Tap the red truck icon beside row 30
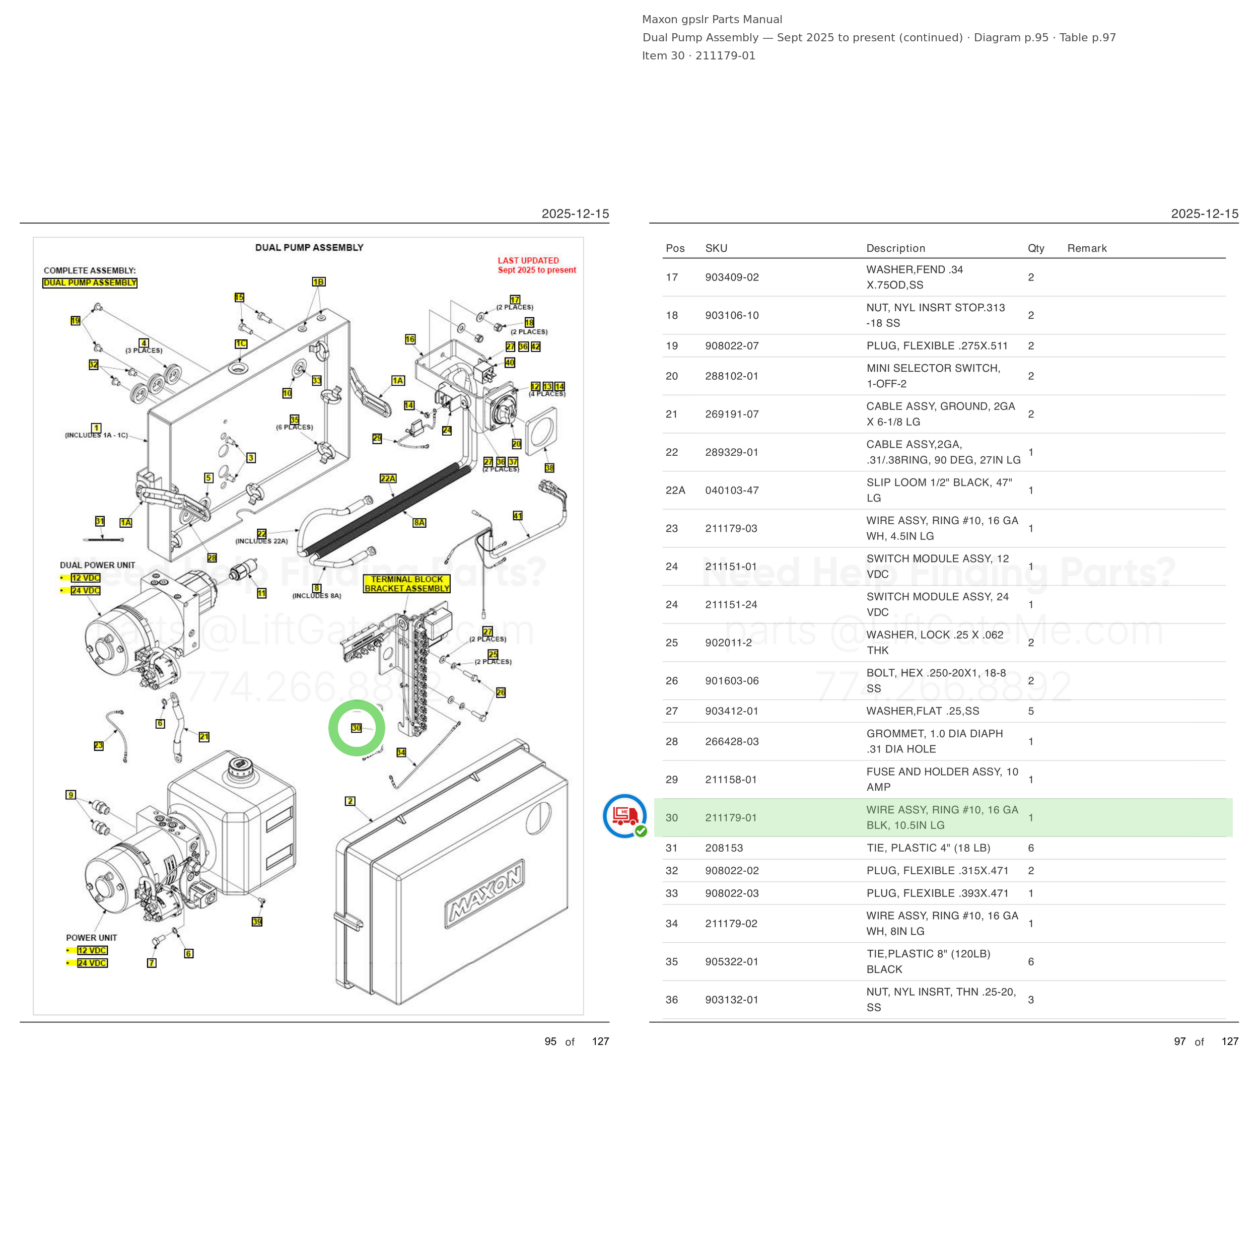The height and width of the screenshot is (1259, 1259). coord(625,815)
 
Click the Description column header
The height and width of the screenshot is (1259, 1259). coord(895,248)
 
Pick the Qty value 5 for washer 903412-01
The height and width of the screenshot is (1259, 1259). coord(1031,711)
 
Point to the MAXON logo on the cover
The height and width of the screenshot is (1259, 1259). coord(484,893)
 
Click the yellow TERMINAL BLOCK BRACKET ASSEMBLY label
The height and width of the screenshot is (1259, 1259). coord(406,584)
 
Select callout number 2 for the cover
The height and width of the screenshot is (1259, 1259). coord(351,801)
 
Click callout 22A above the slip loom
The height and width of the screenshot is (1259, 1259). coord(388,478)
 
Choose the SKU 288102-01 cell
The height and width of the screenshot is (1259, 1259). coord(732,376)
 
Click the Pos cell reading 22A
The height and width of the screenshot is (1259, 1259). coord(675,490)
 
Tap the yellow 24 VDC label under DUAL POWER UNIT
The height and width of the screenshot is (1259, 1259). coord(86,590)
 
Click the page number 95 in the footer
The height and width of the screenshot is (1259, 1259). coord(550,1041)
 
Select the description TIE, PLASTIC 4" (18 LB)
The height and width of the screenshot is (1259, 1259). coord(928,848)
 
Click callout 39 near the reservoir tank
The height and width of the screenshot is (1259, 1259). coord(257,922)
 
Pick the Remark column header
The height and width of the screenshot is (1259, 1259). coord(1087,248)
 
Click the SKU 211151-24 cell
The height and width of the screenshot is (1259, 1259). coord(731,605)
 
